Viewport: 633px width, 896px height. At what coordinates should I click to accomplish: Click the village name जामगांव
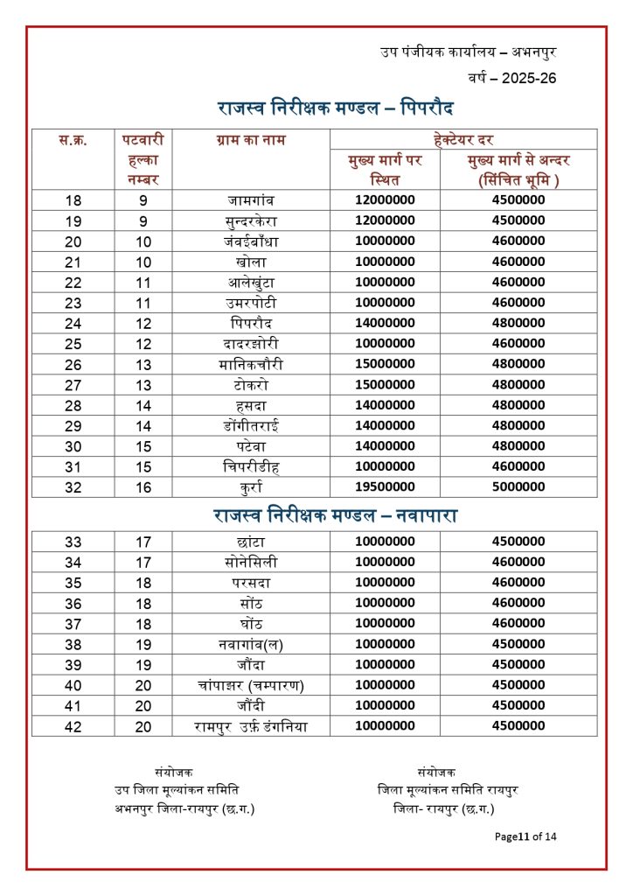[251, 199]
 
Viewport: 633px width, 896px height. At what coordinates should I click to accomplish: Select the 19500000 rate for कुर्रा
[385, 487]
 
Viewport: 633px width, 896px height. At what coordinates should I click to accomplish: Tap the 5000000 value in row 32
[518, 487]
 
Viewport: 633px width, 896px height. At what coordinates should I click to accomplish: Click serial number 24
[73, 323]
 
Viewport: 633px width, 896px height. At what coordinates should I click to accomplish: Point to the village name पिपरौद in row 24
[251, 323]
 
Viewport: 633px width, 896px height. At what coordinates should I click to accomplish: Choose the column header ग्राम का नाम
[251, 140]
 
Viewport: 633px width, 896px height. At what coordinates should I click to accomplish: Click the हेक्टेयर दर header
[463, 139]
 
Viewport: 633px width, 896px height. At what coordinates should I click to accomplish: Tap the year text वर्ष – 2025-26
[512, 79]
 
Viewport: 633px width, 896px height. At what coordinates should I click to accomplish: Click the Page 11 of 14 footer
[525, 836]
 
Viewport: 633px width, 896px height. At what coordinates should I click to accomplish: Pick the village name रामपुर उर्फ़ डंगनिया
[251, 725]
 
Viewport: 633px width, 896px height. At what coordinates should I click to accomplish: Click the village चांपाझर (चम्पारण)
[251, 684]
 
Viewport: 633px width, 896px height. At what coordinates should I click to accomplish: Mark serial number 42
[73, 725]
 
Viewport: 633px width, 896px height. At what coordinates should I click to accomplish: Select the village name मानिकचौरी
[251, 364]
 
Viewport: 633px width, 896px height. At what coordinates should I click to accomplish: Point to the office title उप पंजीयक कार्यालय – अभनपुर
[469, 52]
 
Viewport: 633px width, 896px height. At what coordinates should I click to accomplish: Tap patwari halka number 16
[143, 487]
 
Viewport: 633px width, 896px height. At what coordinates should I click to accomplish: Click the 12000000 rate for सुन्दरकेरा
[385, 220]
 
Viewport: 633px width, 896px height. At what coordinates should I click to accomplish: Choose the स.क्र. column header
[73, 140]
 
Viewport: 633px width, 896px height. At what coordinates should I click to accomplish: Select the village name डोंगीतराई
[251, 426]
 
